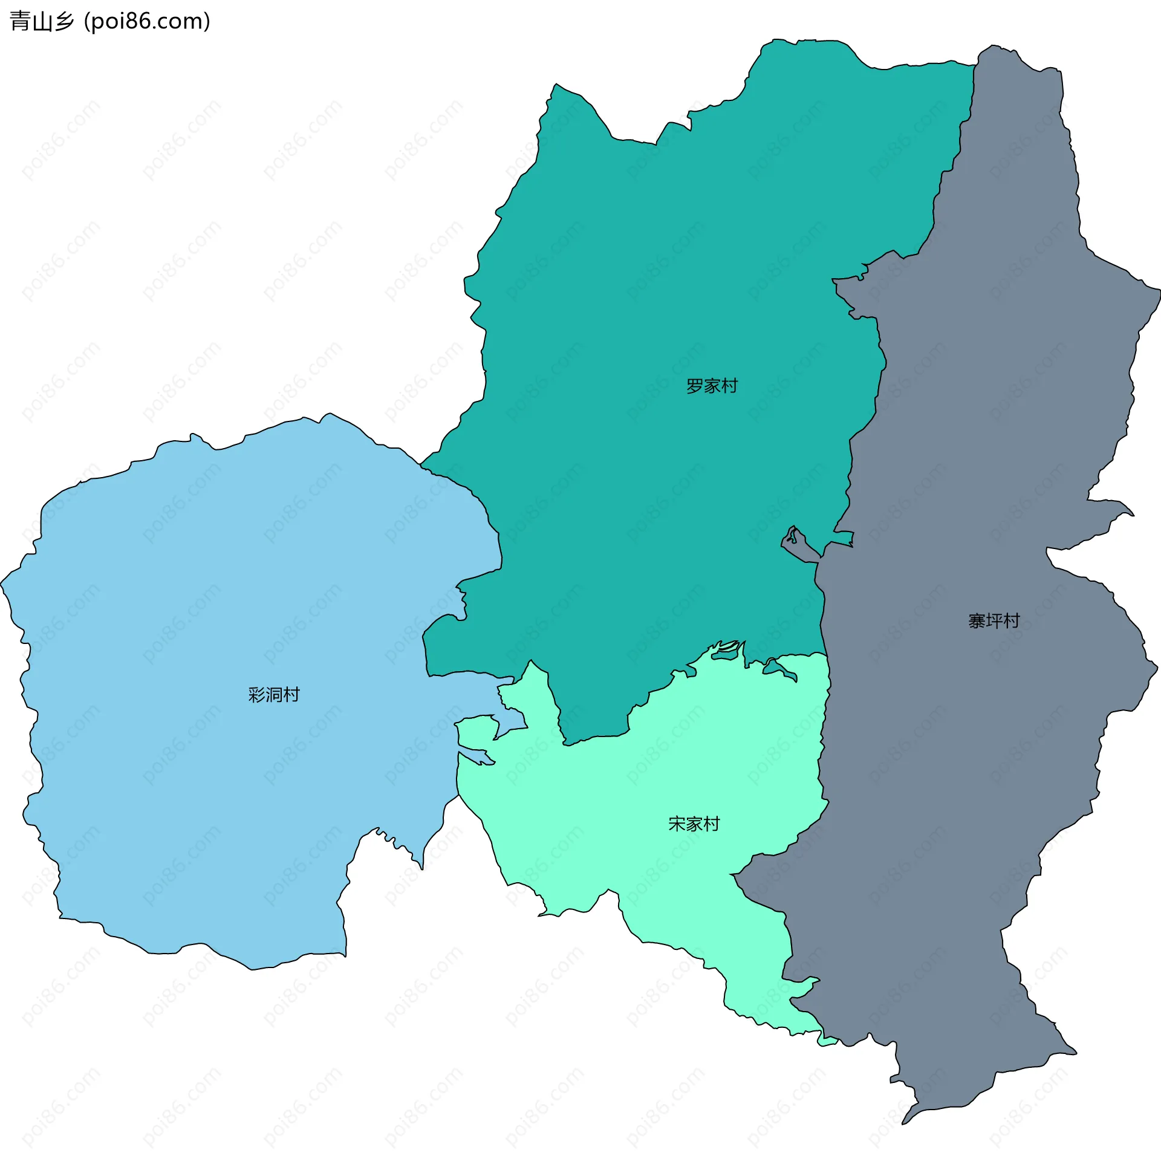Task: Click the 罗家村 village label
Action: click(x=712, y=386)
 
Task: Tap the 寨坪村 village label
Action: click(x=994, y=620)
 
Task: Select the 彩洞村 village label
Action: click(x=274, y=695)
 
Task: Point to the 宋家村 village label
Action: click(x=694, y=824)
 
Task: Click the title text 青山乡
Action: click(x=42, y=21)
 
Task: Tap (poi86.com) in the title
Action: click(x=147, y=21)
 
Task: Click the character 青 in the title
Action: click(x=20, y=21)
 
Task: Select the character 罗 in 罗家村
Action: click(x=695, y=386)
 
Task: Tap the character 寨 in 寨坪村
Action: click(x=977, y=620)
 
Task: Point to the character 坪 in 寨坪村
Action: click(x=994, y=620)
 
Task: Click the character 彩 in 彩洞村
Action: click(x=257, y=695)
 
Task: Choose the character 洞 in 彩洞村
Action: click(x=274, y=695)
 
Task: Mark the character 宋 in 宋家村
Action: click(x=677, y=824)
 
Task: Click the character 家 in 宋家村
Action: click(x=694, y=824)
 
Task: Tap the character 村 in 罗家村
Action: click(x=729, y=386)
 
